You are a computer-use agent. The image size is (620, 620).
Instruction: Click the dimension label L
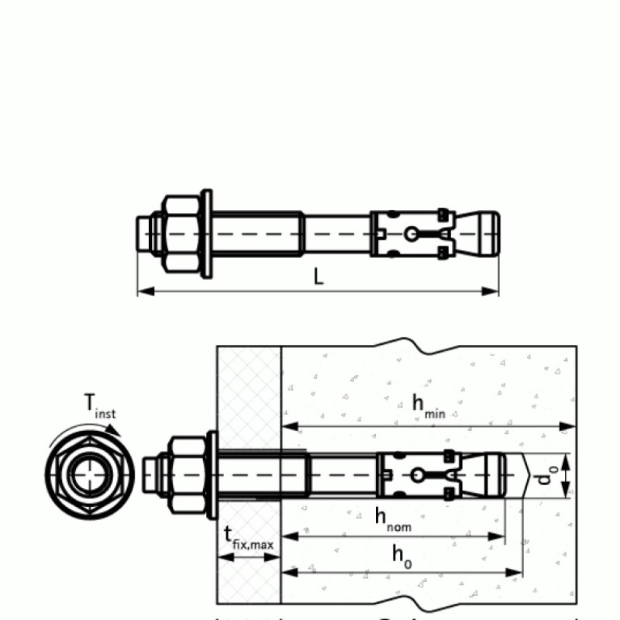click(319, 276)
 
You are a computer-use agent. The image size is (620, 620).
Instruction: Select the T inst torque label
click(98, 406)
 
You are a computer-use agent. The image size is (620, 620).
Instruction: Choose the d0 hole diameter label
click(547, 475)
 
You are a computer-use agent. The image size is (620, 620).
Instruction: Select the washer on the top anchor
click(206, 232)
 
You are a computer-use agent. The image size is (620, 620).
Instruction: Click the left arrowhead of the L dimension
click(142, 291)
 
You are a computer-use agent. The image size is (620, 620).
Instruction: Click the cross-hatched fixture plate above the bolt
click(249, 395)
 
